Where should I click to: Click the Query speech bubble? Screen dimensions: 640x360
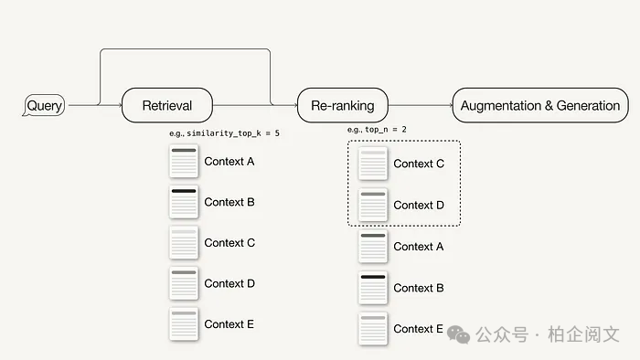pyautogui.click(x=44, y=105)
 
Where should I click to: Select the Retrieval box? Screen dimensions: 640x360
pyautogui.click(x=167, y=105)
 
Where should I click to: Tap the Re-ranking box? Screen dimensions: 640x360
pyautogui.click(x=343, y=105)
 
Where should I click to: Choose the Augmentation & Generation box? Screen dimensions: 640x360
pyautogui.click(x=540, y=105)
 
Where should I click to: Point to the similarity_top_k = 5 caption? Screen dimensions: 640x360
pyautogui.click(x=225, y=133)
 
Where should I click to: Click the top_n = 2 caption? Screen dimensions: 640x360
pyautogui.click(x=377, y=130)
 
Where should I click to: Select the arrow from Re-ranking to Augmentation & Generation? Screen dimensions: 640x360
pyautogui.click(x=421, y=105)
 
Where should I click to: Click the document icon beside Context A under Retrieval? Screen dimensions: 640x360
pyautogui.click(x=184, y=162)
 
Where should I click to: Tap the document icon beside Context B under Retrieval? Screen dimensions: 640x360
pyautogui.click(x=184, y=202)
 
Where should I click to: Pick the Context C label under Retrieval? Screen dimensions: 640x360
pyautogui.click(x=229, y=243)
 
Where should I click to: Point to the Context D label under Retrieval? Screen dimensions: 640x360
pyautogui.click(x=229, y=284)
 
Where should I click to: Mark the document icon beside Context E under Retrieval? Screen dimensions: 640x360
pyautogui.click(x=184, y=324)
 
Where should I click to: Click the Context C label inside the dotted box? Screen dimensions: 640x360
pyautogui.click(x=419, y=164)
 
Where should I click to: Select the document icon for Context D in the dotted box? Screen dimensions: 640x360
pyautogui.click(x=373, y=205)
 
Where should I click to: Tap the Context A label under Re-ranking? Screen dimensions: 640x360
pyautogui.click(x=419, y=247)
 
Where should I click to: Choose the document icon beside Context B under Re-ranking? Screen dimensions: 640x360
pyautogui.click(x=373, y=288)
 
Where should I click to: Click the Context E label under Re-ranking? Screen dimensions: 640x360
pyautogui.click(x=418, y=329)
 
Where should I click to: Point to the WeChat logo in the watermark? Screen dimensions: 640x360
pyautogui.click(x=458, y=334)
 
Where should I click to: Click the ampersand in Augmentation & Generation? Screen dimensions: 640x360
pyautogui.click(x=549, y=106)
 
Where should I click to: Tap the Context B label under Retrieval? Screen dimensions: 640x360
pyautogui.click(x=229, y=202)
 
